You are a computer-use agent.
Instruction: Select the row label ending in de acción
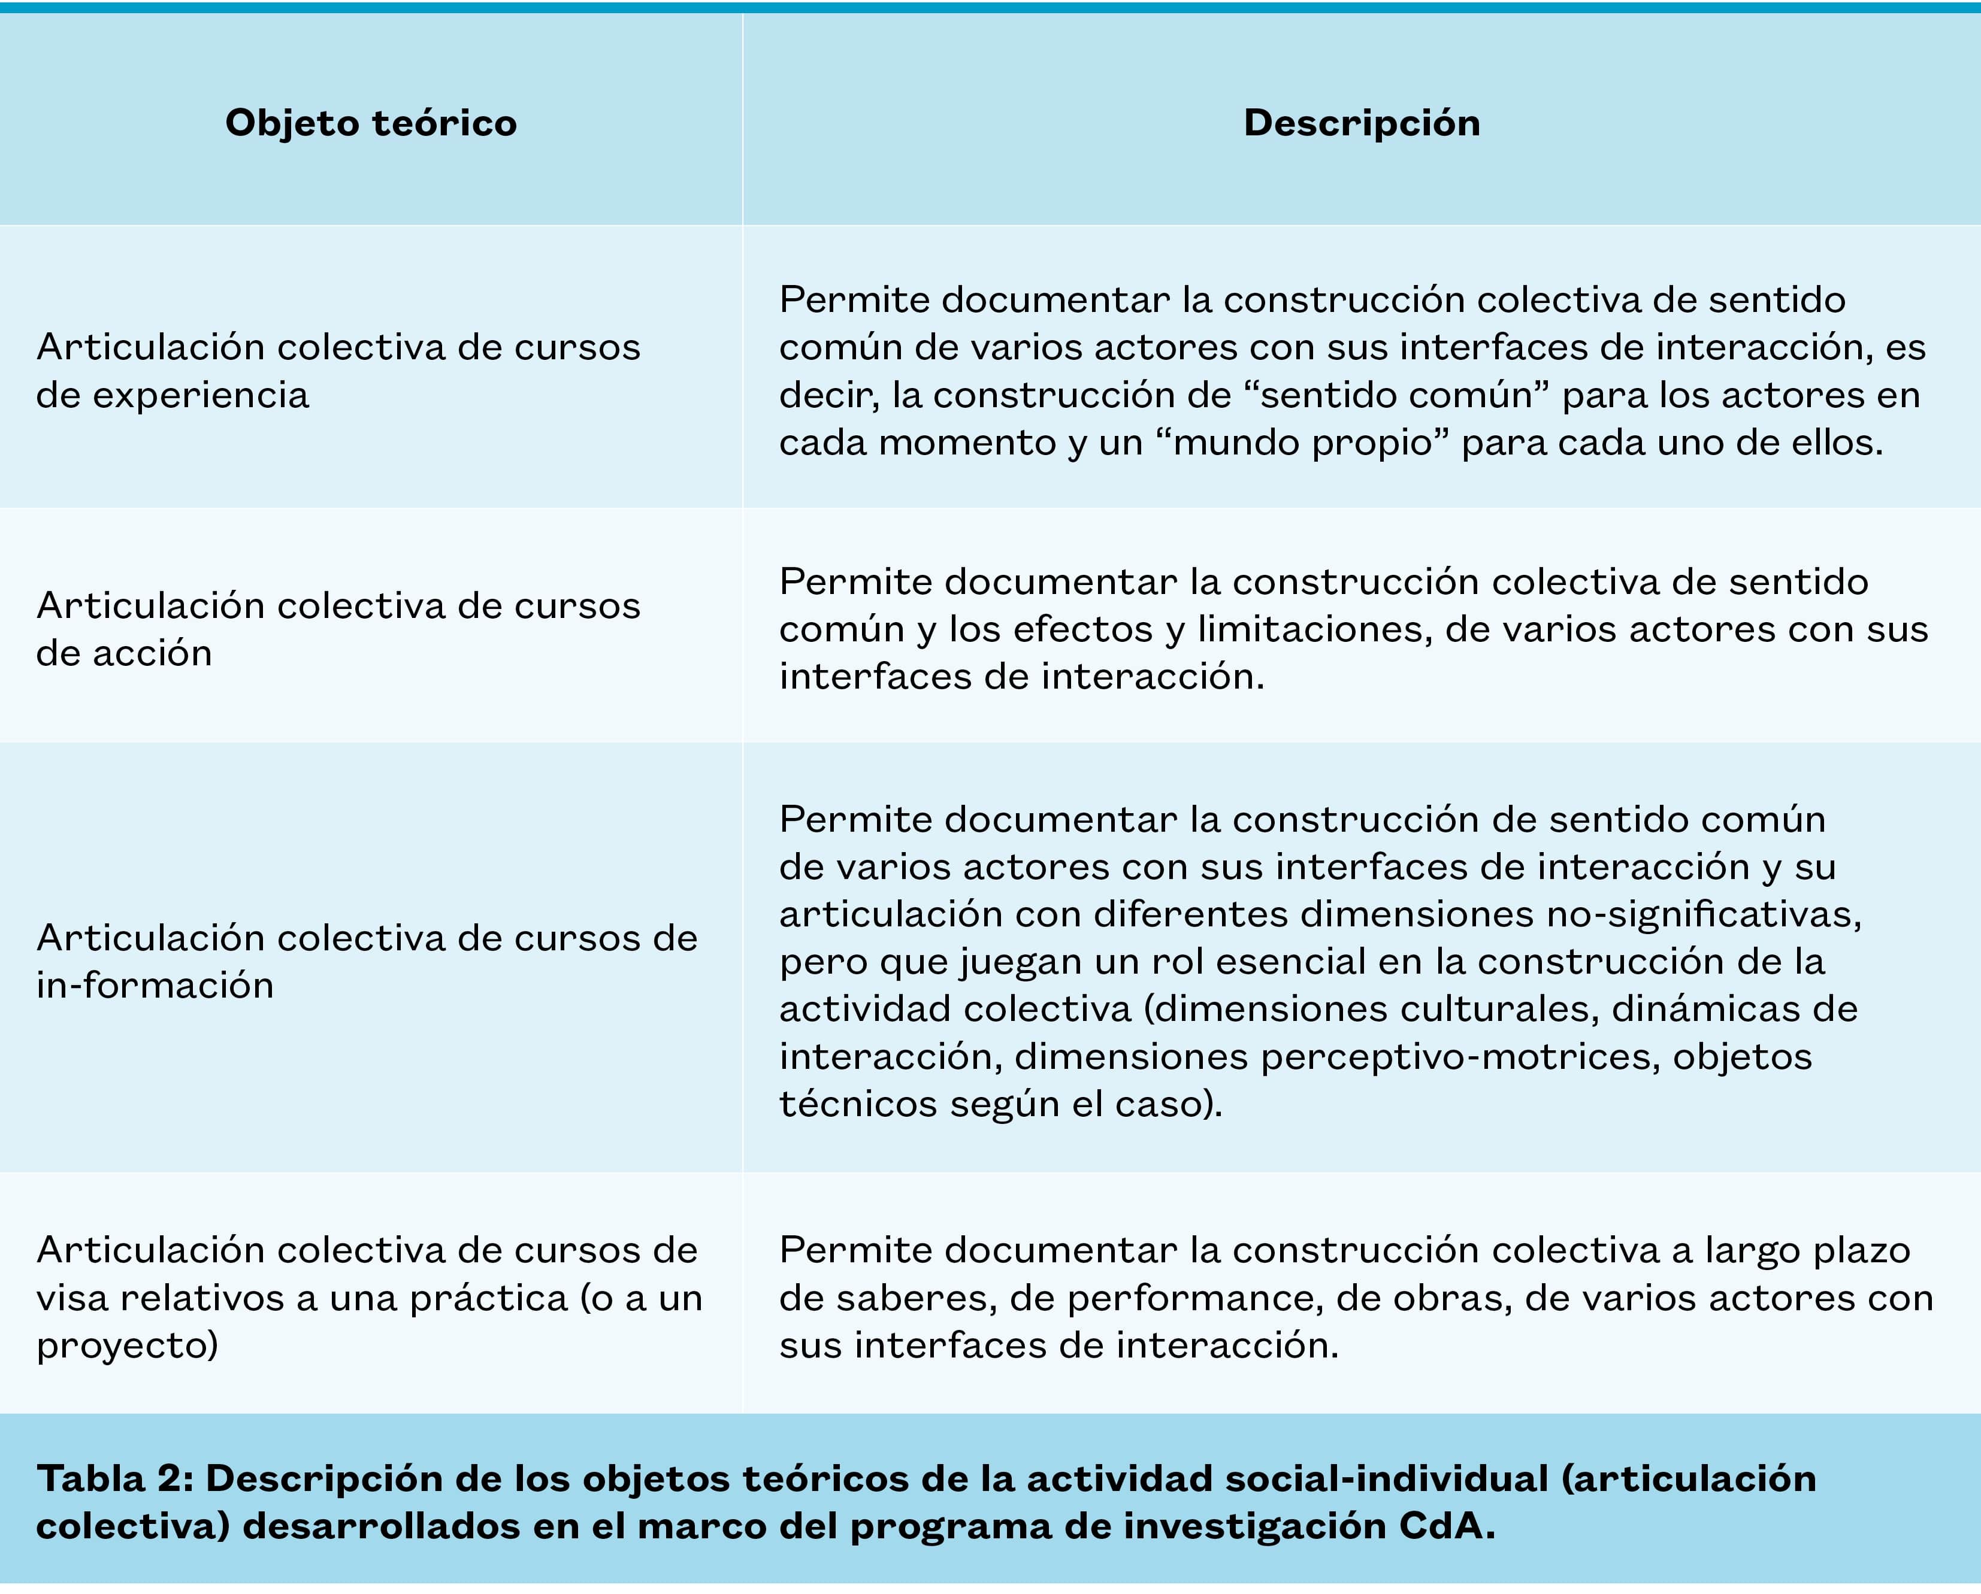338,629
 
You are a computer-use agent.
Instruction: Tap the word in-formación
155,986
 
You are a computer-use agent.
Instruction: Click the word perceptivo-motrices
1460,1056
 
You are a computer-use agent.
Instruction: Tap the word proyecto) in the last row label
128,1346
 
